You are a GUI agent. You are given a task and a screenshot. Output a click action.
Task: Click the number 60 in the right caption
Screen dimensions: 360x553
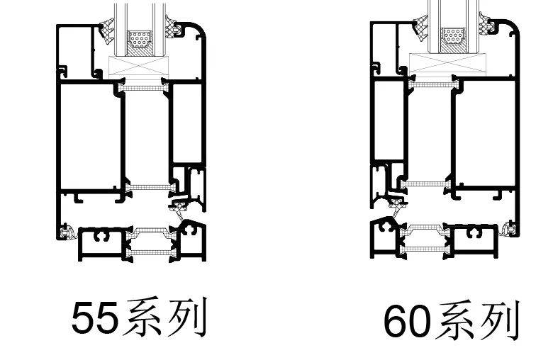coord(407,322)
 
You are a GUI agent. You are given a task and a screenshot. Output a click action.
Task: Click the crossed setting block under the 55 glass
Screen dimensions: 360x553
coord(141,67)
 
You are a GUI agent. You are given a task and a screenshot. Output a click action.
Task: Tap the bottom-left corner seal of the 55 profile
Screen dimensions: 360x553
coord(67,232)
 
